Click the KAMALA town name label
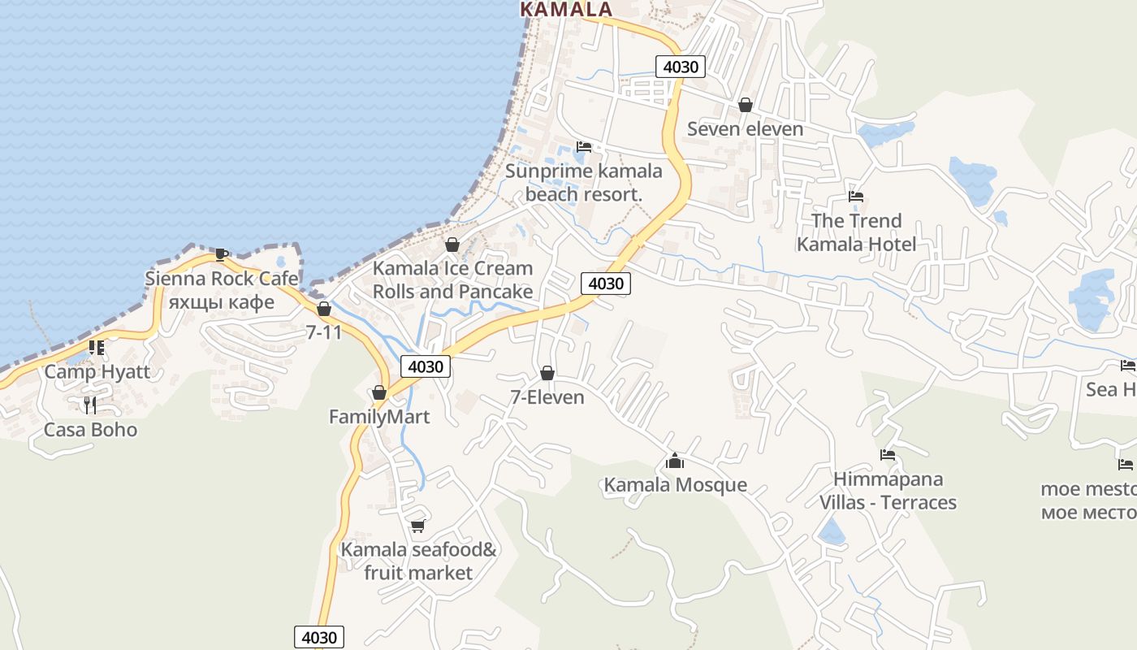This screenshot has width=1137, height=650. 565,10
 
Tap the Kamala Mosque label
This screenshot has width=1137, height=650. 675,485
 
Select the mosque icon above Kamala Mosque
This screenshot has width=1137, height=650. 675,461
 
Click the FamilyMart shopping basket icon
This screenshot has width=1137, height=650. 379,393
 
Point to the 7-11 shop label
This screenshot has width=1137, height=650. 324,331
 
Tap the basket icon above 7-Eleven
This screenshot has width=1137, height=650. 547,373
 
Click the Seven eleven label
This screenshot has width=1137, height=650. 745,128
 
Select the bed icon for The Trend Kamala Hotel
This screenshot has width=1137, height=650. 856,196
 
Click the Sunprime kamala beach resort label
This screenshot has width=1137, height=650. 583,183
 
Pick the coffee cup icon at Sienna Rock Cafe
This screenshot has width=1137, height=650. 222,254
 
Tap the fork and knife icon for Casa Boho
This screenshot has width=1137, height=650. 90,405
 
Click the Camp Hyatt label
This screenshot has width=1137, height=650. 97,372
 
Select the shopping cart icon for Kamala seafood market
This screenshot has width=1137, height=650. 417,526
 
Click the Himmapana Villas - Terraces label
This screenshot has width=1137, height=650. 888,491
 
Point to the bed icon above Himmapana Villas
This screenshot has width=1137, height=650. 888,455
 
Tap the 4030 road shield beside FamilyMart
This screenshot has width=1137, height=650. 426,366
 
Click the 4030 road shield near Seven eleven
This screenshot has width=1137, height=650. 681,67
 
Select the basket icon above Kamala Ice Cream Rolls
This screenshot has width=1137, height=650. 452,245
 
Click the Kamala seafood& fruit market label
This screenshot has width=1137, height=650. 418,561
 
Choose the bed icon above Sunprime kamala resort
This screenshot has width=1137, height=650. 584,147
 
